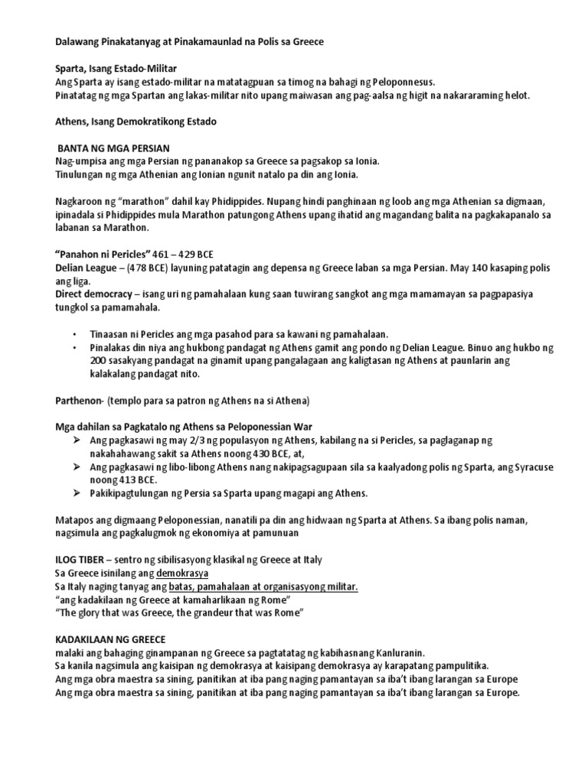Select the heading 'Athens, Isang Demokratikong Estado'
pyautogui.click(x=136, y=121)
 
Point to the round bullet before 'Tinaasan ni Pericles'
pyautogui.click(x=74, y=335)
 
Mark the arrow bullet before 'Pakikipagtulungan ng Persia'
pyautogui.click(x=75, y=493)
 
